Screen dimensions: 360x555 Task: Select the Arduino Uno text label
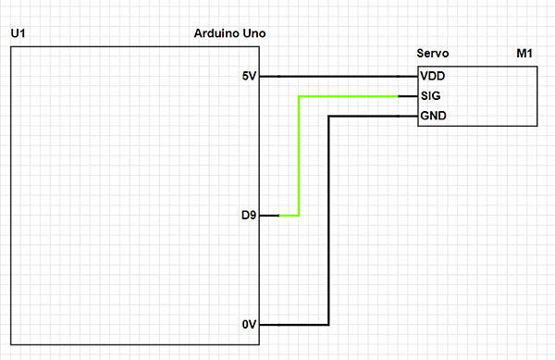231,34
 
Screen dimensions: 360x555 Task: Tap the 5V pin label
249,76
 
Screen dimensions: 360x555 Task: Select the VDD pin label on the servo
432,76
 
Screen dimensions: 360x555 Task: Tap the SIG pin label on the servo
430,96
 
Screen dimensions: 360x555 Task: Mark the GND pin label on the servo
433,117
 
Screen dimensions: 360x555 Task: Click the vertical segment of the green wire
298,157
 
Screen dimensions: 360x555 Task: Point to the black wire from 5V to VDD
342,76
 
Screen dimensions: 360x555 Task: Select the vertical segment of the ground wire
328,222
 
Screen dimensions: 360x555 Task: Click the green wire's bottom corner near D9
298,216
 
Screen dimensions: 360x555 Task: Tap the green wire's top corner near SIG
298,96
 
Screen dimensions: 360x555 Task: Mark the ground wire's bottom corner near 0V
328,325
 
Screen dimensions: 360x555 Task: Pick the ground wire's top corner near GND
328,117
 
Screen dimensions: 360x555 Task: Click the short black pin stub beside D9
269,216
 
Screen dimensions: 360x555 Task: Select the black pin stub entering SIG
408,96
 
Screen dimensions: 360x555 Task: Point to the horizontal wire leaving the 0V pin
296,325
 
